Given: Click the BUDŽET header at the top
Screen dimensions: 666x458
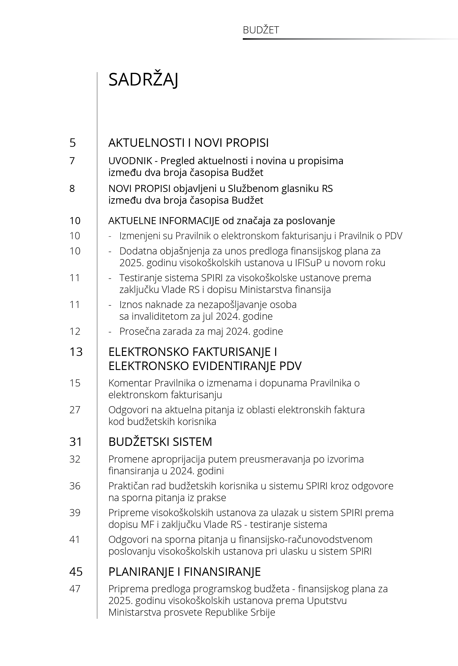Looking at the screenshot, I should (261, 30).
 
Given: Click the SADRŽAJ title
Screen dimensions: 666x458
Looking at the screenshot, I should (143, 80).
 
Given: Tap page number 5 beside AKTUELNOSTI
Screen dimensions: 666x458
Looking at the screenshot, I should (73, 143).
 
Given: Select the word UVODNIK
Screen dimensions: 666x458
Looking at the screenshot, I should (130, 161).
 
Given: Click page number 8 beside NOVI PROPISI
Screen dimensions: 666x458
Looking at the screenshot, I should (72, 188).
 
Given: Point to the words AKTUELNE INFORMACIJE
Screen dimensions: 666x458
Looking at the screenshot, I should (164, 221).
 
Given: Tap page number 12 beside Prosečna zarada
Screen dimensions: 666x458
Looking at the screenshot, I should (75, 331).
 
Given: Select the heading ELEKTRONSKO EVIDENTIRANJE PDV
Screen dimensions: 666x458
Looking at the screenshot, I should (205, 366).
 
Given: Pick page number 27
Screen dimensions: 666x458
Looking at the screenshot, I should (75, 410).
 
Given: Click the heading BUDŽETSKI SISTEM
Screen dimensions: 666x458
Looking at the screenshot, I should (160, 442).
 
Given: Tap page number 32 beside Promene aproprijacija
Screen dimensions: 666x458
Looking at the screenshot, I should (75, 459).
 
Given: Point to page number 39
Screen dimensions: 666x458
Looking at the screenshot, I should (75, 513).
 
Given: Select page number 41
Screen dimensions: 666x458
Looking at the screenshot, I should (75, 540).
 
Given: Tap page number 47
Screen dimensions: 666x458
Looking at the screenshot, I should (75, 589).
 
